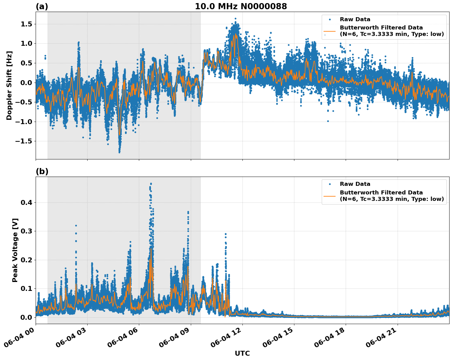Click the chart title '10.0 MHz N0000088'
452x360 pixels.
click(x=241, y=6)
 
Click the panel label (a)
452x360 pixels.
click(x=42, y=6)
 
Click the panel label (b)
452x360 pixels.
click(x=42, y=171)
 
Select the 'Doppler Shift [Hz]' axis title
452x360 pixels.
click(x=9, y=85)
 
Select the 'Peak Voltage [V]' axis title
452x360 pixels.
click(x=15, y=250)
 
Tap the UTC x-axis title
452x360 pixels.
click(x=242, y=353)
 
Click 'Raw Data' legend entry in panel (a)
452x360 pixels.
click(x=355, y=19)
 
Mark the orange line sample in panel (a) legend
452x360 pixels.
click(x=330, y=31)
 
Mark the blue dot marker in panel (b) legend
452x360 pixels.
click(x=330, y=184)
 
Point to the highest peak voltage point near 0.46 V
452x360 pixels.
click(x=151, y=184)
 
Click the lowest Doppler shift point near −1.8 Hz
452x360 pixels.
click(x=119, y=152)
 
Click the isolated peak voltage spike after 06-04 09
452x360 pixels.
click(x=225, y=234)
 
